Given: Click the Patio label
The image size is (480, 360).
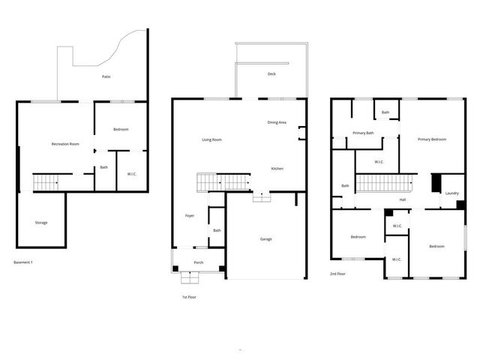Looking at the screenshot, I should point(107,76).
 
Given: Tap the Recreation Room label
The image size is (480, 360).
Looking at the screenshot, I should point(65,143).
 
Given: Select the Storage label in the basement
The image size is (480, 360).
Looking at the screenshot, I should point(41,223).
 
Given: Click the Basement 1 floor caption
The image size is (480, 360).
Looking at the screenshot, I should point(23,262).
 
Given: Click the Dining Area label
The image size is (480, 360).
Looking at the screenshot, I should point(277,122).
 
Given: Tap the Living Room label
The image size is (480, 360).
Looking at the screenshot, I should point(211,140).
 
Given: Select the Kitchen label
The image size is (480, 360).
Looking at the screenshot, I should point(277,169).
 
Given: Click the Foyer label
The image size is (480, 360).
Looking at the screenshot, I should point(190,216).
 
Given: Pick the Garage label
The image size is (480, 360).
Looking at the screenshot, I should point(265,239).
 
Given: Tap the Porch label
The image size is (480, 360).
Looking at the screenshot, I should point(199,262).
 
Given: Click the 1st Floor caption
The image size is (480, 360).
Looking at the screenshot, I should point(188,297).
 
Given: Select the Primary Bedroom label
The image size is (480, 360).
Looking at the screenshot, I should point(432,139).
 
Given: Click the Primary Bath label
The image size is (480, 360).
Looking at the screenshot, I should point(364,133).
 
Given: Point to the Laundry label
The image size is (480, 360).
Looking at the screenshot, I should point(451,193).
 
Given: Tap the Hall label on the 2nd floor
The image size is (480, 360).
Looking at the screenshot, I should point(403,199).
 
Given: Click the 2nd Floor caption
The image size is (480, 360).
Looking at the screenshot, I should point(337,274).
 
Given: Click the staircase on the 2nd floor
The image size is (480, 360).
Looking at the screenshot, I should point(385,183).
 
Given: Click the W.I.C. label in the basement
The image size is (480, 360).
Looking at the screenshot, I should point(131,174).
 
